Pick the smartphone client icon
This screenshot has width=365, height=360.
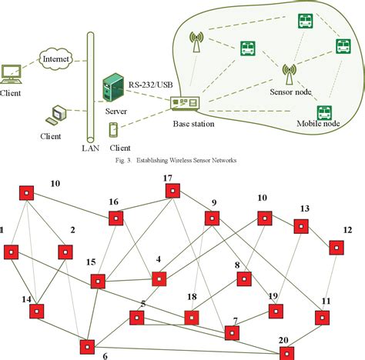[x=115, y=128]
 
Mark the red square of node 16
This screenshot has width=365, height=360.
[x=116, y=218]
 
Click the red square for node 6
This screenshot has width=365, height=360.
[x=87, y=345]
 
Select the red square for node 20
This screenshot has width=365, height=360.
[x=286, y=352]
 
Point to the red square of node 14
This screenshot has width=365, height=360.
[x=36, y=311]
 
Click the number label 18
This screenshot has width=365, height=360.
[x=193, y=296]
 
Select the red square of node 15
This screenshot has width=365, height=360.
[x=97, y=281]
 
